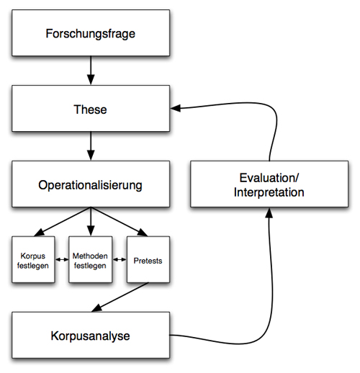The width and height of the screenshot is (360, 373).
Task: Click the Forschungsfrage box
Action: (91, 33)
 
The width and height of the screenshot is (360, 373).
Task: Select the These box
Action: (91, 109)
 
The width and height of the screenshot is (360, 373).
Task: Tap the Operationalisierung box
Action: (91, 184)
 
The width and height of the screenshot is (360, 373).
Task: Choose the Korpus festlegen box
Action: (33, 259)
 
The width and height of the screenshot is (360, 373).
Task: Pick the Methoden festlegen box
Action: (90, 259)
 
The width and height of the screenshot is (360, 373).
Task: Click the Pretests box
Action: (148, 259)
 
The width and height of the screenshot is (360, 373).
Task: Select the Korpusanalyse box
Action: (91, 335)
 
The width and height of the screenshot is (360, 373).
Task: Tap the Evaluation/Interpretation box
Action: (269, 184)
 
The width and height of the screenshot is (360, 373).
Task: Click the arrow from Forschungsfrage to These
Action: (91, 71)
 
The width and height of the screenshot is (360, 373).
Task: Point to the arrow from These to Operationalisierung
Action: (91, 146)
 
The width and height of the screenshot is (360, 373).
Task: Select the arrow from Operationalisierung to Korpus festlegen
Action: (63, 222)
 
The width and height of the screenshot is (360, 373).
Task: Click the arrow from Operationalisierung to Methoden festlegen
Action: (91, 222)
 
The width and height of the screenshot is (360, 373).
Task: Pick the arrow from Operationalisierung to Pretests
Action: (120, 222)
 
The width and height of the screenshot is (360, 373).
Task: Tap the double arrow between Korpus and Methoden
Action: (62, 259)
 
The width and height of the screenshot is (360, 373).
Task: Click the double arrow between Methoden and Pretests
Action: (120, 259)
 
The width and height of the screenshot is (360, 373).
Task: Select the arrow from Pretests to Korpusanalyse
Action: (120, 297)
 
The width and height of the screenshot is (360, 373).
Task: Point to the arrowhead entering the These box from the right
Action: (176, 108)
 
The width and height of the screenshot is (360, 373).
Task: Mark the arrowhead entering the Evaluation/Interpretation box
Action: (269, 213)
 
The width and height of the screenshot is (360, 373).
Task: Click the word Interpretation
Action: (269, 192)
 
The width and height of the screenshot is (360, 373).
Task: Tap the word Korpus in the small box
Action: (33, 256)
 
